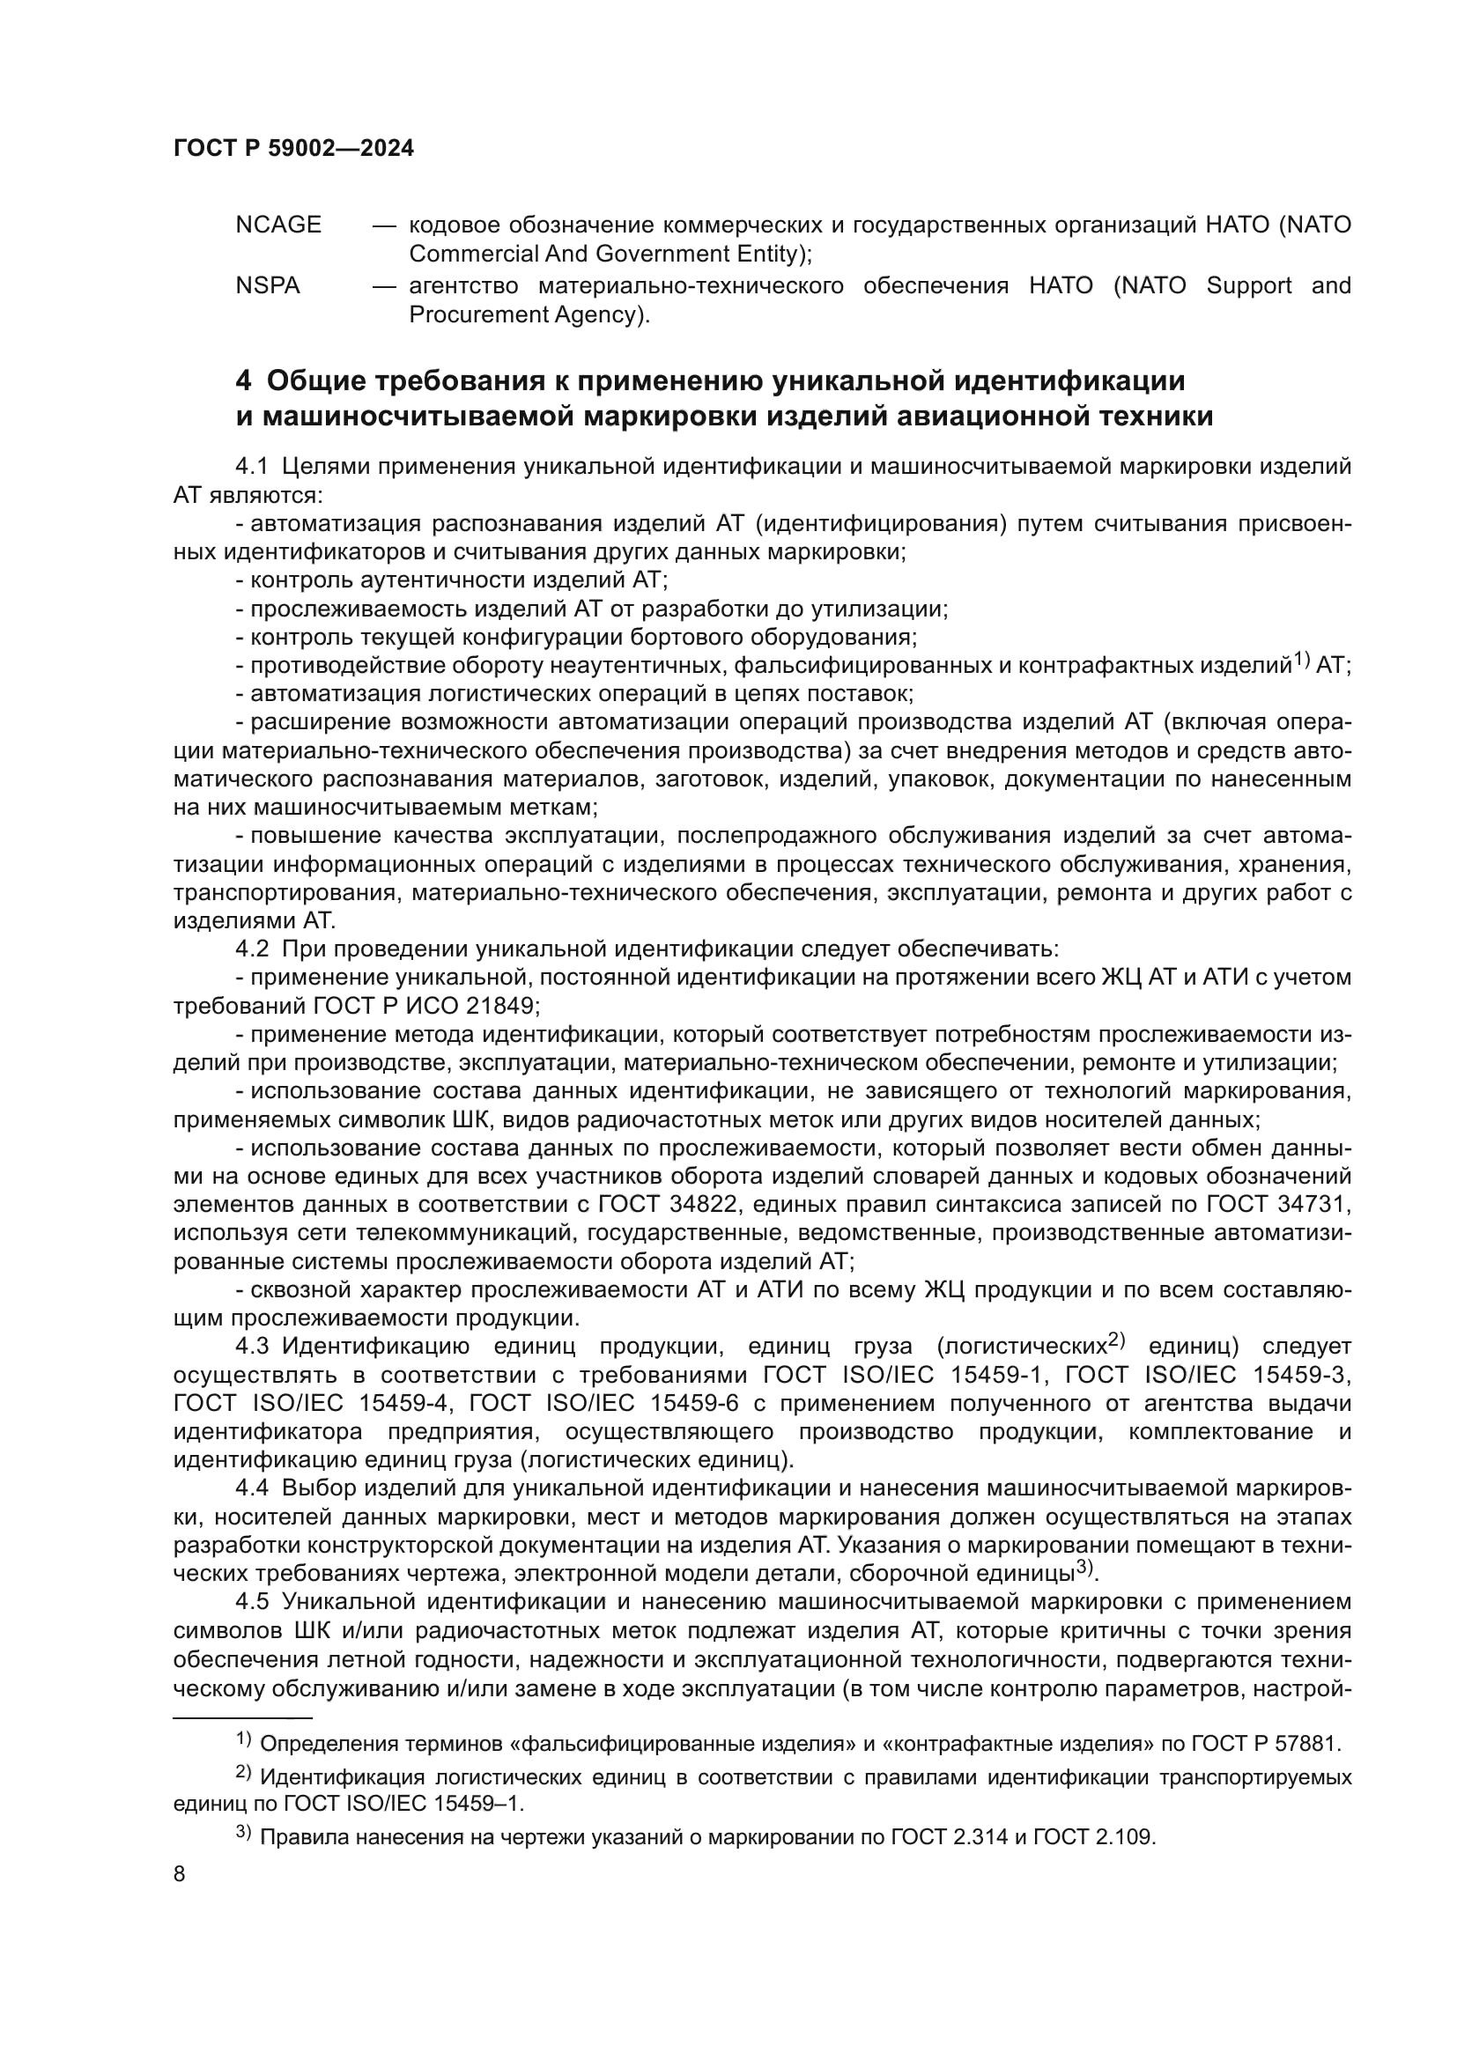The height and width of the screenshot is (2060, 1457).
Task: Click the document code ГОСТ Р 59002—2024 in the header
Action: (x=293, y=149)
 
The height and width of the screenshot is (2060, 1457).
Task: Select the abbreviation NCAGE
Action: (x=278, y=225)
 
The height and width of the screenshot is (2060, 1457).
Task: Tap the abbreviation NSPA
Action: (x=268, y=286)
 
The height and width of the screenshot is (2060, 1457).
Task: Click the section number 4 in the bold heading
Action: (x=243, y=381)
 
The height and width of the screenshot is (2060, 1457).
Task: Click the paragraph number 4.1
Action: (x=252, y=467)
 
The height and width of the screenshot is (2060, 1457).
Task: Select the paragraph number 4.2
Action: (x=252, y=949)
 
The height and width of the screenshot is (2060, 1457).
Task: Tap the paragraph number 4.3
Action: (x=252, y=1347)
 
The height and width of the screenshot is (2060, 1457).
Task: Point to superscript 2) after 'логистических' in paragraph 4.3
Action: (x=1116, y=1340)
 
